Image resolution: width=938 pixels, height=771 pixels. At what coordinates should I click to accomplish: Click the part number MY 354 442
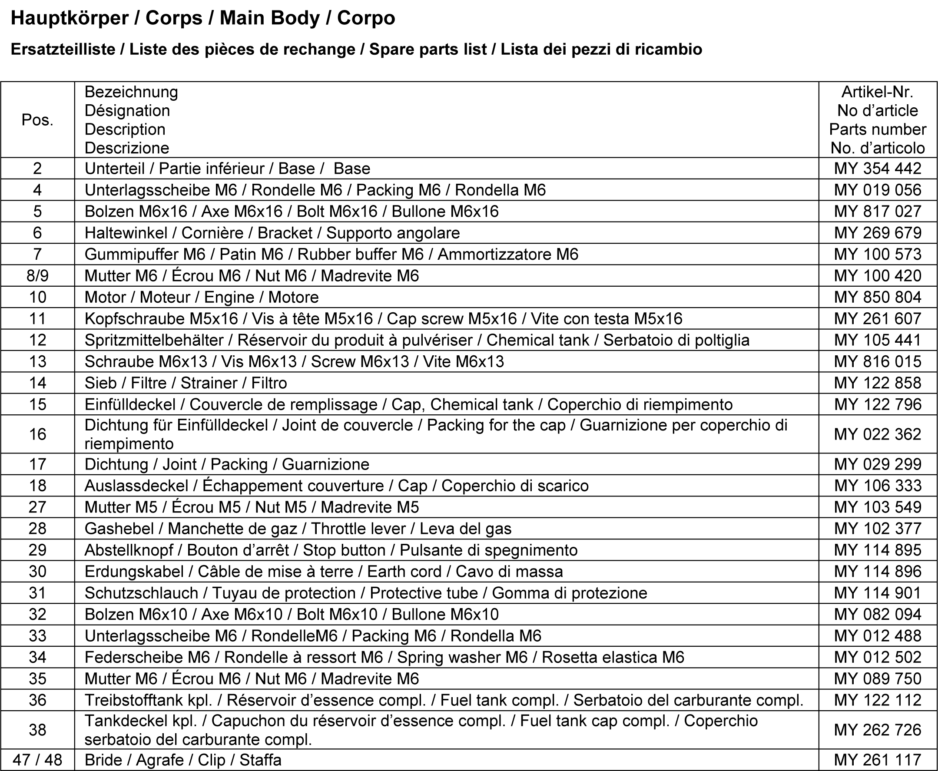(x=877, y=169)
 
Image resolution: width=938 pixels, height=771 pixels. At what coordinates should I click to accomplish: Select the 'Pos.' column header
(x=37, y=120)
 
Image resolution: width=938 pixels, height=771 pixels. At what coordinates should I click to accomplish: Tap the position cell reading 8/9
(x=37, y=276)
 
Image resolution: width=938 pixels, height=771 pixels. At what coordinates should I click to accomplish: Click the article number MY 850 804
(x=877, y=297)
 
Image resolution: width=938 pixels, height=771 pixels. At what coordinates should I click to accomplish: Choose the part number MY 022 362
(x=877, y=434)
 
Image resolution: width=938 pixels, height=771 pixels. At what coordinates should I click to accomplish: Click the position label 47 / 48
(x=37, y=760)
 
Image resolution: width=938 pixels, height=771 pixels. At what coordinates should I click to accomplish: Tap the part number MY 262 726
(x=877, y=730)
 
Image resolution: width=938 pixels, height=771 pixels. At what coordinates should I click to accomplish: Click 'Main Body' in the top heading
(x=270, y=18)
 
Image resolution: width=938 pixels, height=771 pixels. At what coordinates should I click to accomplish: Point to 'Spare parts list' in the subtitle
(x=428, y=49)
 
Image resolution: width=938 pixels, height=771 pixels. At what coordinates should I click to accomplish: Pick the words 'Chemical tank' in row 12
(x=538, y=340)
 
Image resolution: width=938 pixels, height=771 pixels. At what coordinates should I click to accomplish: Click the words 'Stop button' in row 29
(x=344, y=550)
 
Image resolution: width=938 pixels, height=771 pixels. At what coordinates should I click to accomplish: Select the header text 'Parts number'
(x=877, y=129)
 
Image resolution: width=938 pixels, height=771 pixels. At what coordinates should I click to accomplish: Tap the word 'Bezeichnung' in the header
(x=131, y=92)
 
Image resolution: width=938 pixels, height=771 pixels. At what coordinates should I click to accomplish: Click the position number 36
(x=37, y=700)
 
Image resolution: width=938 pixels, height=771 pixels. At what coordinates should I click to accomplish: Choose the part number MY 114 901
(x=877, y=593)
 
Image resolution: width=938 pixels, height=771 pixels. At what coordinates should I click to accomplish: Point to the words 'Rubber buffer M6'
(x=360, y=255)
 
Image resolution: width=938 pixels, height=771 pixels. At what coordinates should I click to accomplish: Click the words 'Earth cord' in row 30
(x=404, y=572)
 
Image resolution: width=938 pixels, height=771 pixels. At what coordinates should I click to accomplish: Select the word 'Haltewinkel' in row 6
(x=126, y=233)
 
